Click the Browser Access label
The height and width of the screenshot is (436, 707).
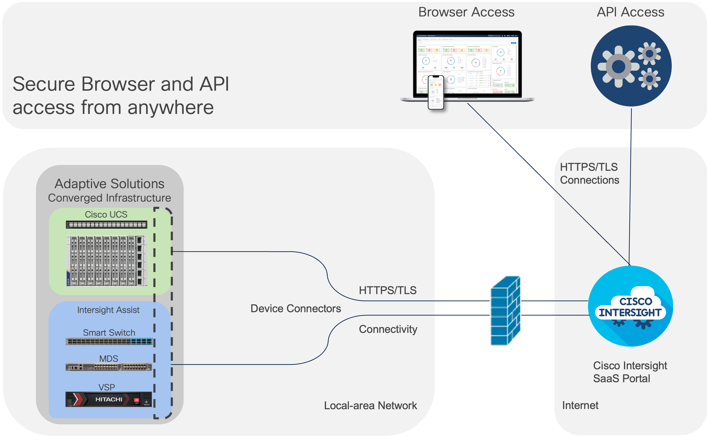click(466, 12)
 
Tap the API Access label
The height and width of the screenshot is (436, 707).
click(631, 12)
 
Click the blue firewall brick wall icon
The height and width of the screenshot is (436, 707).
click(505, 311)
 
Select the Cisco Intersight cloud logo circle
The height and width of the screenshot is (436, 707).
click(631, 306)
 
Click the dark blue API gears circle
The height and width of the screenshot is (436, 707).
click(631, 66)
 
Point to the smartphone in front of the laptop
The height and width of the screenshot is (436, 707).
click(436, 93)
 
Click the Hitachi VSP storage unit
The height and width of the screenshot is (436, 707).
click(109, 399)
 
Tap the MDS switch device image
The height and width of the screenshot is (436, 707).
click(109, 367)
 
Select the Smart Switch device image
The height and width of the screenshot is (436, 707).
click(109, 341)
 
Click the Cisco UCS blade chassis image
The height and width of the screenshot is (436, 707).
click(107, 261)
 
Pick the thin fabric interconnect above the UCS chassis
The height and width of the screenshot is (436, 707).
click(106, 224)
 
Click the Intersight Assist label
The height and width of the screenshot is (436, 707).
click(108, 310)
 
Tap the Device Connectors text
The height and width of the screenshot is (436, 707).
click(296, 308)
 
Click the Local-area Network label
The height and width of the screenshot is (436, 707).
click(370, 406)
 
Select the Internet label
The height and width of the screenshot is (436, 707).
click(580, 405)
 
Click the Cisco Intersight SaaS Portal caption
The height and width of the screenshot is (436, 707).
click(630, 372)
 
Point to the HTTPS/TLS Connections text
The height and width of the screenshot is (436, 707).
click(589, 174)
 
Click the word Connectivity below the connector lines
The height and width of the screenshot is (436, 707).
click(388, 329)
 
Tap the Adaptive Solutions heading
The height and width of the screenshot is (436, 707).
click(109, 184)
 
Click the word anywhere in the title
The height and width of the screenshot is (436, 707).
click(170, 108)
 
